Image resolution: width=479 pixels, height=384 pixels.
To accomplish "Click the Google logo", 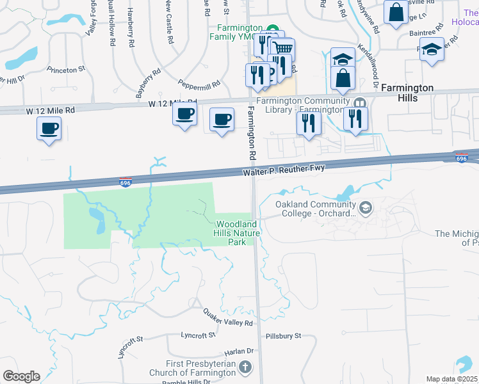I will (x=21, y=376).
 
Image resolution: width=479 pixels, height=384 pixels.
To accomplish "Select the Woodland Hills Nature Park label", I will (x=238, y=233).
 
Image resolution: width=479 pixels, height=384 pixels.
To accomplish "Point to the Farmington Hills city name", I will (x=407, y=93).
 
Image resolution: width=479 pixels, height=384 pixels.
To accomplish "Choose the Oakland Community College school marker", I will (x=365, y=207).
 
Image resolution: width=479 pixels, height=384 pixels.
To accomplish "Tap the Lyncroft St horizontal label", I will (x=198, y=335).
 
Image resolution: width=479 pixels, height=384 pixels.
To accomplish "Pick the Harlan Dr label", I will (x=239, y=351).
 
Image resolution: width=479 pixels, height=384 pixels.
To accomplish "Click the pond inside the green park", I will (x=98, y=221).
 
